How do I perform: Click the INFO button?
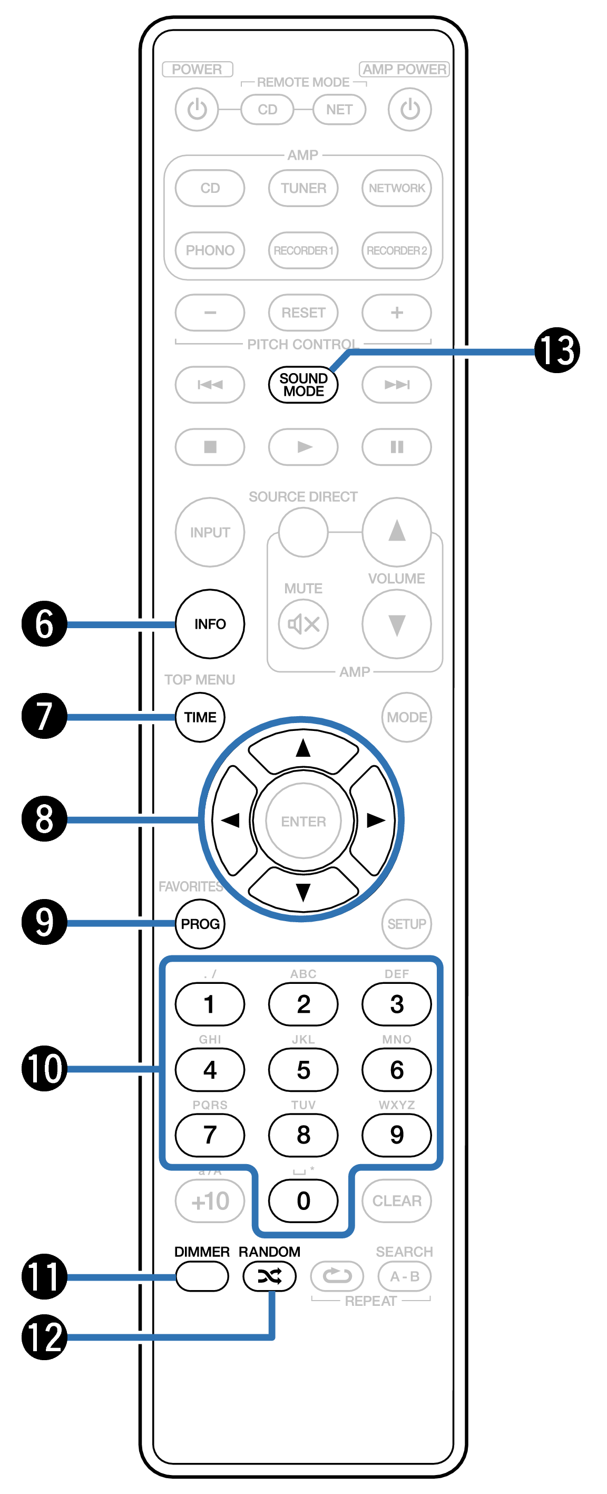[210, 624]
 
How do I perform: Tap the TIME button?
[200, 717]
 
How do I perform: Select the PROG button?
[200, 924]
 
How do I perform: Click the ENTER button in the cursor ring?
[303, 821]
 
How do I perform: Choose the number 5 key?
[303, 1069]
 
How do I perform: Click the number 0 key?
[303, 1200]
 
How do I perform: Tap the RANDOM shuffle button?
[270, 1276]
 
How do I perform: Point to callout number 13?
[557, 350]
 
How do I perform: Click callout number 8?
[44, 819]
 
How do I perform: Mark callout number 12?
[44, 1337]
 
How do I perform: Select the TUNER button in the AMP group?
[303, 188]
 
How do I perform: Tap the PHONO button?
[210, 250]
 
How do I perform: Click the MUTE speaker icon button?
[303, 624]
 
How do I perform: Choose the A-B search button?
[405, 1276]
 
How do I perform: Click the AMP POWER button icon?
[410, 109]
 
